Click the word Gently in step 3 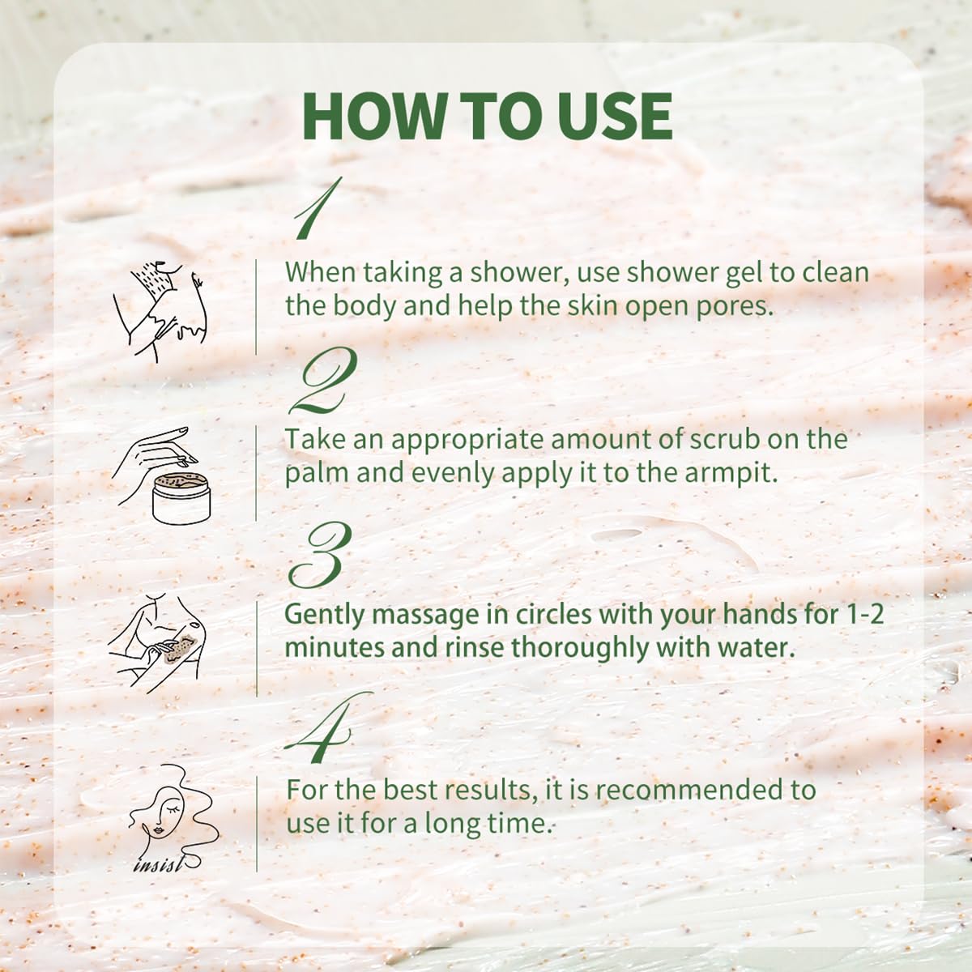[x=325, y=614]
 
